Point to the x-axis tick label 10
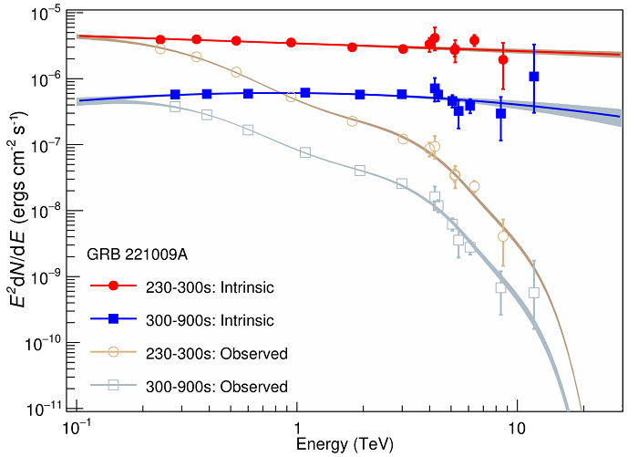517,429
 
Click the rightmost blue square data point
534,77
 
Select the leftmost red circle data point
160,39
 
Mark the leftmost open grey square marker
175,107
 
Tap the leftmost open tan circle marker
160,48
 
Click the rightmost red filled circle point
503,59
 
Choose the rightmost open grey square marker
534,293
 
